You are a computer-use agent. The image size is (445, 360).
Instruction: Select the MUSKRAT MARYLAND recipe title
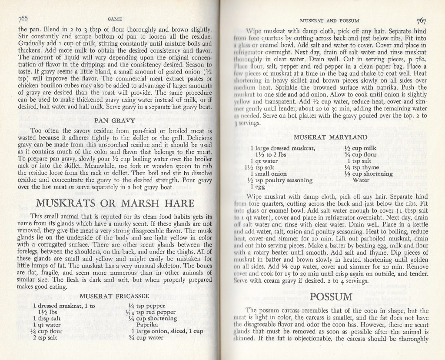(x=333, y=137)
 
